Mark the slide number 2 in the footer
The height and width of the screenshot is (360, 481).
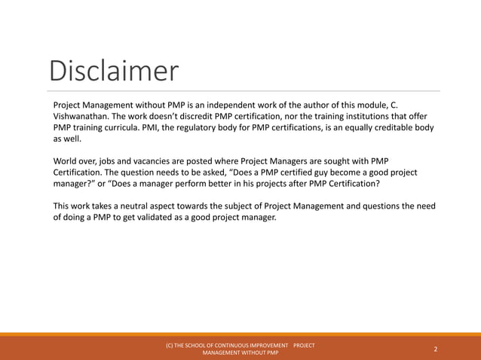tap(436, 349)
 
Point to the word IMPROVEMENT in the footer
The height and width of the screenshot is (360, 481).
tap(265, 345)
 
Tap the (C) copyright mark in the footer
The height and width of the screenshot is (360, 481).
tap(170, 345)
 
